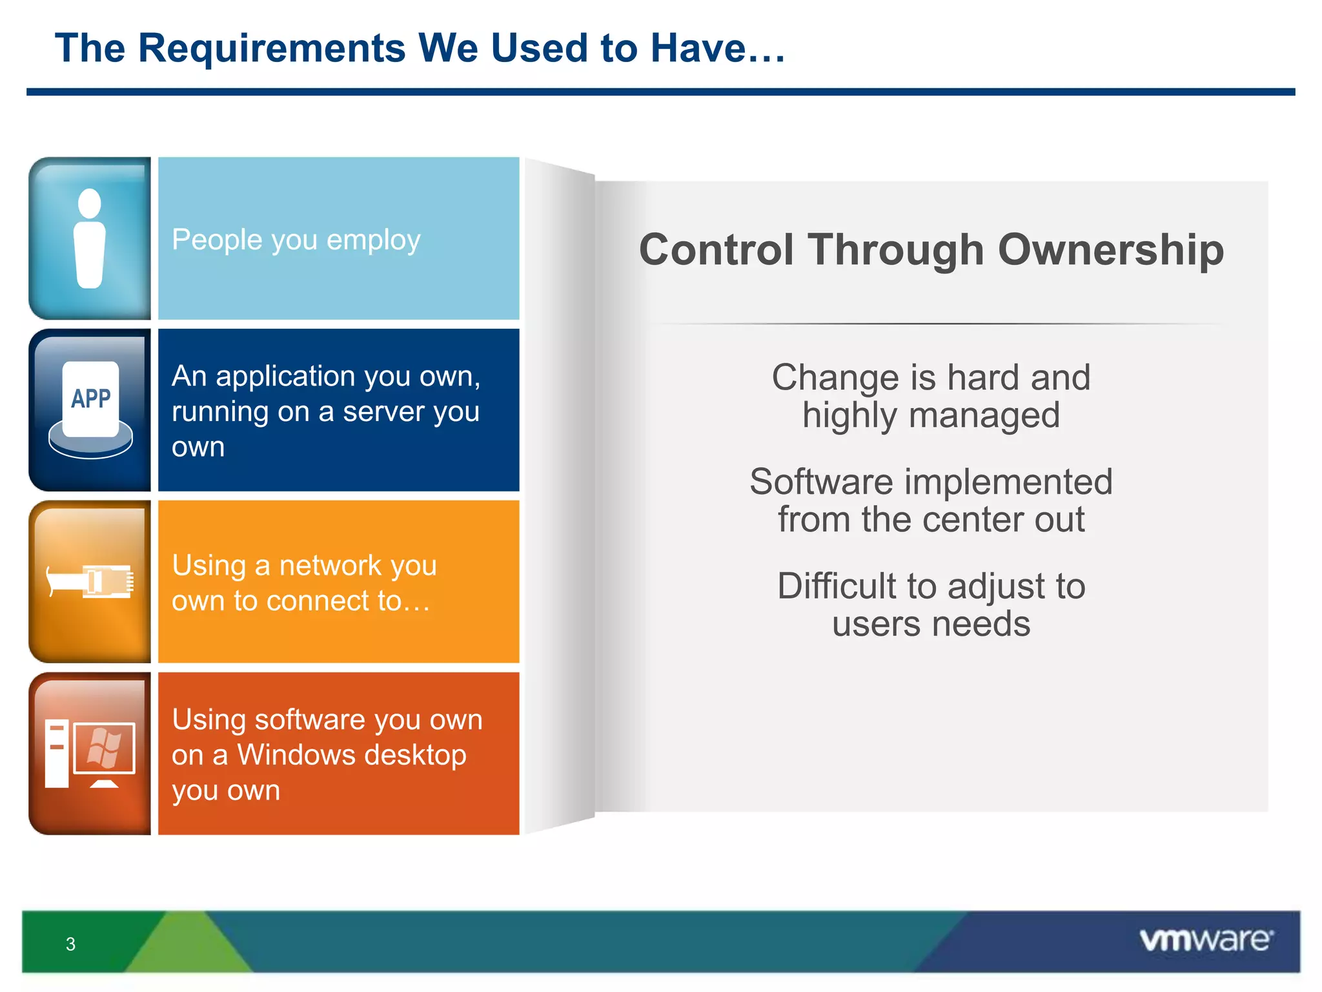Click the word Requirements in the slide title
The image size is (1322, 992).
[x=271, y=48]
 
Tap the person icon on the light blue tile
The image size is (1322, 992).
[x=90, y=239]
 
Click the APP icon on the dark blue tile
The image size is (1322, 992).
[x=90, y=400]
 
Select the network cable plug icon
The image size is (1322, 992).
[x=90, y=581]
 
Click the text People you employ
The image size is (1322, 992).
[x=296, y=240]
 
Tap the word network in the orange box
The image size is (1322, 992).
[x=330, y=566]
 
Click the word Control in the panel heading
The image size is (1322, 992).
[x=716, y=250]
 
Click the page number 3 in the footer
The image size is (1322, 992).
[x=70, y=944]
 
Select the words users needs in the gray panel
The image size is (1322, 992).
[x=931, y=625]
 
